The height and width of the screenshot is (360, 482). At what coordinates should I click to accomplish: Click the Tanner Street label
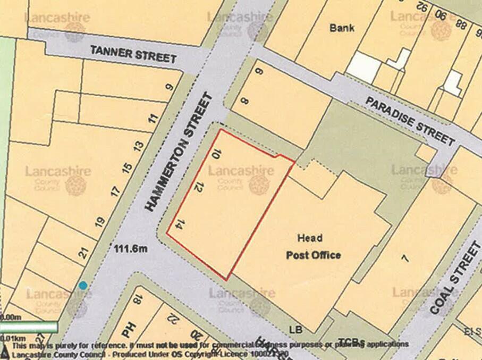pos(133,54)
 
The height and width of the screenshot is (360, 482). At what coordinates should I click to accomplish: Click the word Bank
pos(341,28)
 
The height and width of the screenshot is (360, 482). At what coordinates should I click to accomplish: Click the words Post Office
pos(314,255)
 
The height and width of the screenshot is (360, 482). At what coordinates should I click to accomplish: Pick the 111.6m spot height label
pos(130,247)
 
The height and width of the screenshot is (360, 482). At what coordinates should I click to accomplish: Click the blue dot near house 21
pos(83,286)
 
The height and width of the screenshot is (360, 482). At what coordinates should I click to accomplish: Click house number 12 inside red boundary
pos(198,187)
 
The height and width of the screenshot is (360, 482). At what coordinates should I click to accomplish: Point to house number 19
pos(99,221)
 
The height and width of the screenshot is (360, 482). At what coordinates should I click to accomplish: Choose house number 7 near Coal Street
pos(405,258)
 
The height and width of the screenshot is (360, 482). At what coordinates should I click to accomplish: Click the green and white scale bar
pos(29,326)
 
